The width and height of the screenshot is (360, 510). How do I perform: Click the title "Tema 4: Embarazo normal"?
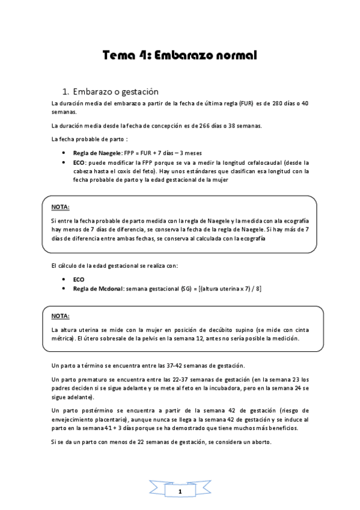[x=180, y=56]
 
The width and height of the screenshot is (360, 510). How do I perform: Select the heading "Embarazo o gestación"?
[x=114, y=92]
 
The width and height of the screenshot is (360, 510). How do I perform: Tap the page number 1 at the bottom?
[x=180, y=492]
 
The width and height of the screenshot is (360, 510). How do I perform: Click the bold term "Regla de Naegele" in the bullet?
[x=97, y=153]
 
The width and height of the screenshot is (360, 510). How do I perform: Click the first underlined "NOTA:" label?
[x=60, y=208]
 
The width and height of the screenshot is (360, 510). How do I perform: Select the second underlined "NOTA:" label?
[x=60, y=316]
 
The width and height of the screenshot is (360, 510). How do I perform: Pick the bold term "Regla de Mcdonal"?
[x=98, y=289]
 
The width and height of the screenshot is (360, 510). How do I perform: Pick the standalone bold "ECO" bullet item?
[x=79, y=280]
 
